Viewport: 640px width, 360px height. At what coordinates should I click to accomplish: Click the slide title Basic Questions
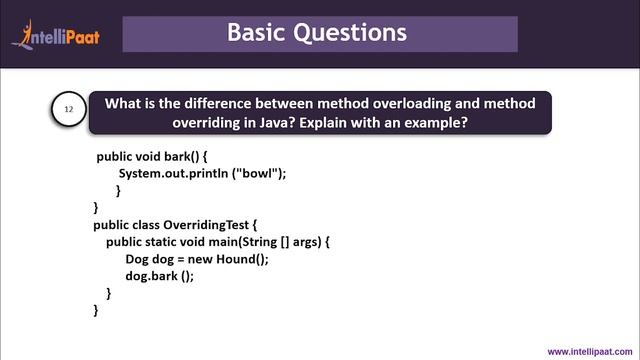pos(317,32)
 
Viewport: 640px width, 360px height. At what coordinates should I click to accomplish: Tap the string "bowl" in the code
pos(259,173)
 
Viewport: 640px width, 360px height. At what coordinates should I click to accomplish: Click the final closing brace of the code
pos(96,311)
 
